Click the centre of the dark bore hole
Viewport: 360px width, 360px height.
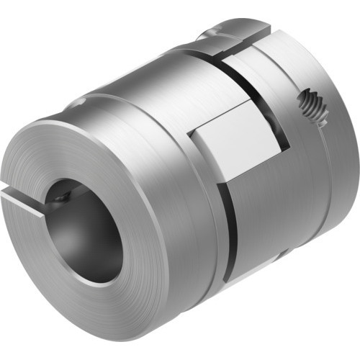tap(85, 229)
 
